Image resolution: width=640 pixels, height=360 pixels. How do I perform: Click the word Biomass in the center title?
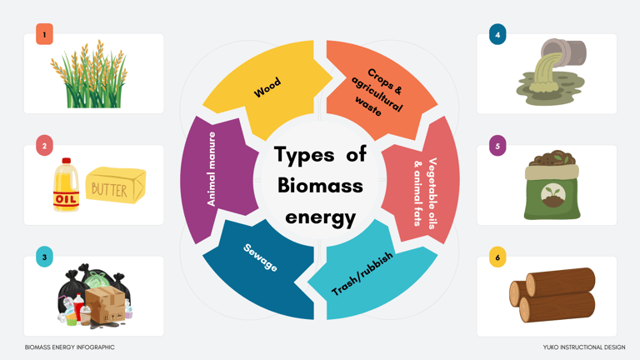(x=320, y=185)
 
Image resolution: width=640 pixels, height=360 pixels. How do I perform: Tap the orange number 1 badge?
(x=44, y=34)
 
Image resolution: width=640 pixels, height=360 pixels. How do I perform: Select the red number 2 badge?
(x=44, y=146)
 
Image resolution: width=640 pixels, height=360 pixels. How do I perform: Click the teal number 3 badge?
(x=44, y=257)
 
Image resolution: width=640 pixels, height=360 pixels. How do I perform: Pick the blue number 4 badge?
(x=497, y=34)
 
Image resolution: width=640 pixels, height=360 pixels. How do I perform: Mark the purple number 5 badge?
(x=497, y=146)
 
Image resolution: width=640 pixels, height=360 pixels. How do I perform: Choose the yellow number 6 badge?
(x=497, y=257)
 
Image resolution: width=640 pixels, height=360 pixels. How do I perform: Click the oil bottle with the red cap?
(x=66, y=187)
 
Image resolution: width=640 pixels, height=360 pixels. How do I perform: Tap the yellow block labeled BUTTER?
(x=115, y=187)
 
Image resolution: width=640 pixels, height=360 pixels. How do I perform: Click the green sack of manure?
(x=551, y=190)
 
